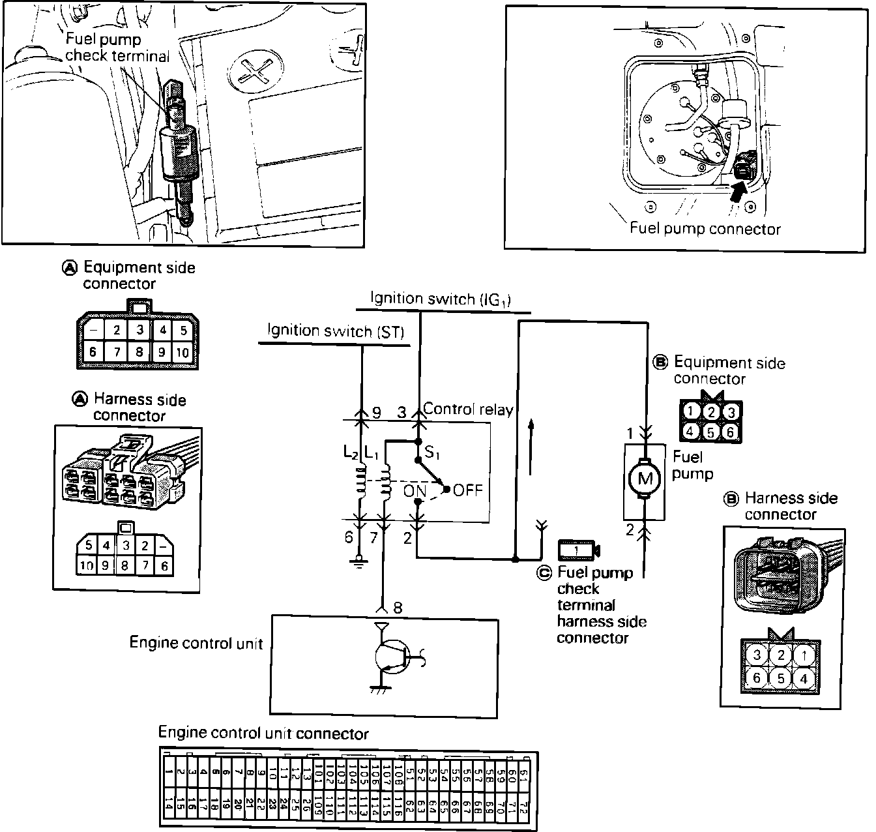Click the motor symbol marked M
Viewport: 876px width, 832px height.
tap(644, 479)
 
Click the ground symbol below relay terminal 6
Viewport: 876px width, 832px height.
tap(357, 562)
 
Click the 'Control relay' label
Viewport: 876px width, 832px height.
tap(468, 409)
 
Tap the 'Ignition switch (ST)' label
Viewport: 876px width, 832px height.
tap(336, 331)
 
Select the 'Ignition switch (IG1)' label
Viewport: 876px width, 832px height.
tap(441, 299)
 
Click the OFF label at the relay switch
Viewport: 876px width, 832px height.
tap(468, 490)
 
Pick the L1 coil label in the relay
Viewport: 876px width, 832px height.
tap(372, 451)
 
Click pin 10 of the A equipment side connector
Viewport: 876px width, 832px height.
tap(182, 353)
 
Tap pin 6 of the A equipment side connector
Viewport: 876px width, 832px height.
tap(93, 353)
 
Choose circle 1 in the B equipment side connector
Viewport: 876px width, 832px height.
tap(691, 411)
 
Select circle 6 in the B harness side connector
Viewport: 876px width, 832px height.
tap(756, 677)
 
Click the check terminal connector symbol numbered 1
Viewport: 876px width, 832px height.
tap(578, 550)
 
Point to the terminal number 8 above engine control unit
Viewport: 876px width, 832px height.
tap(398, 608)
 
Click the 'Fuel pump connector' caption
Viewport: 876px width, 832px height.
tap(705, 229)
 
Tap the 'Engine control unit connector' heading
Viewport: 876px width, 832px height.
tap(263, 734)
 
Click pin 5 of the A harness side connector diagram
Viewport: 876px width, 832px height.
tap(89, 544)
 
